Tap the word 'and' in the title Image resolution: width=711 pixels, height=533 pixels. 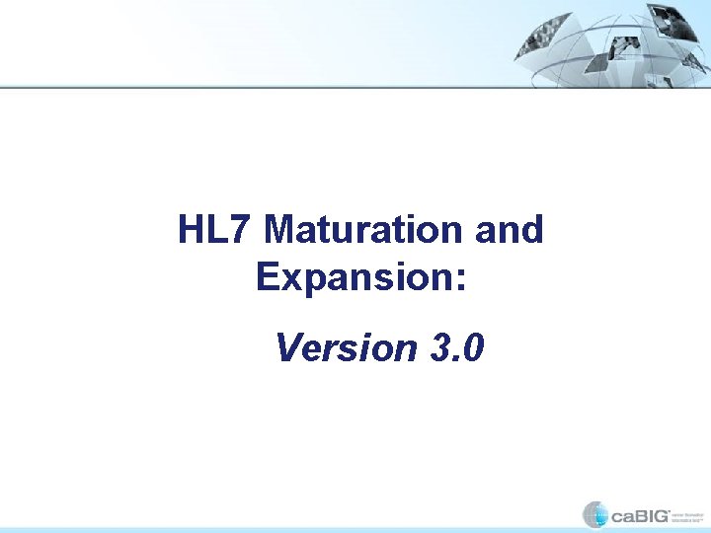(x=510, y=230)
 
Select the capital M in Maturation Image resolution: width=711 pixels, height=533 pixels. (x=281, y=230)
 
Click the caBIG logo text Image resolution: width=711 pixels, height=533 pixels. (x=639, y=515)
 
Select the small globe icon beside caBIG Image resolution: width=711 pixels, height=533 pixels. (x=595, y=514)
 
